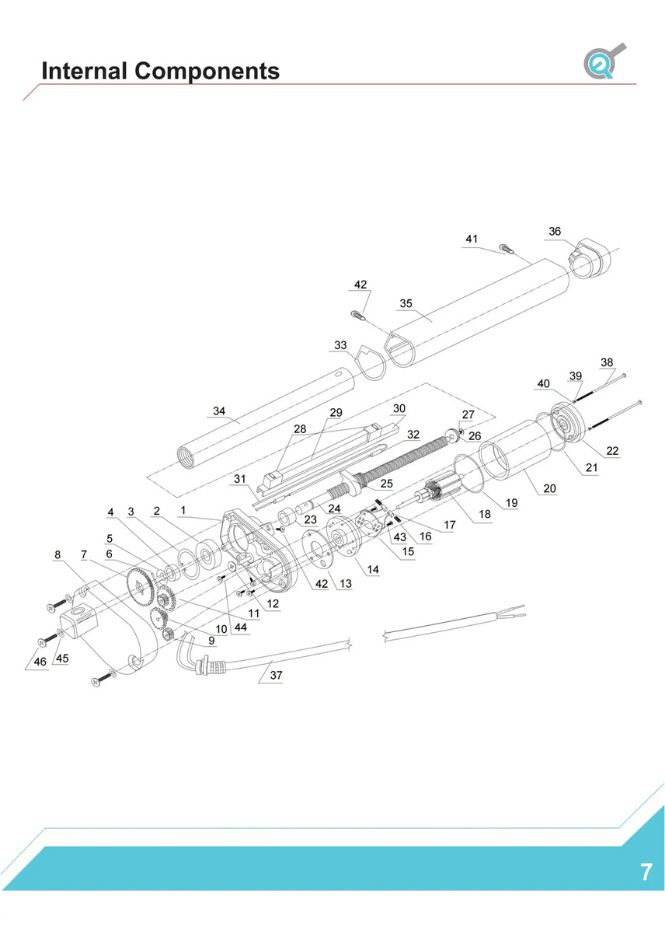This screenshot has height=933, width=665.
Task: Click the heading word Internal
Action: (x=85, y=71)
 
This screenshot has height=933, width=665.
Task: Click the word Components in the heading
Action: (x=207, y=71)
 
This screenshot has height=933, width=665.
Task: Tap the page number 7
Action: (x=646, y=872)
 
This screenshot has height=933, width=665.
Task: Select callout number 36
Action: (x=555, y=232)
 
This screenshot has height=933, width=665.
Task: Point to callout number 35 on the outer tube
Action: (x=406, y=303)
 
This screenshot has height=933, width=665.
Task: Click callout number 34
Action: (x=219, y=411)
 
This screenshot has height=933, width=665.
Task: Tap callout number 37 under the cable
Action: (x=276, y=675)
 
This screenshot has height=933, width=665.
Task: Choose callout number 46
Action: (x=39, y=661)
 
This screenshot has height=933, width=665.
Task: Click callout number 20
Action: (x=550, y=489)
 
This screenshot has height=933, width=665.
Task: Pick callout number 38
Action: (x=607, y=362)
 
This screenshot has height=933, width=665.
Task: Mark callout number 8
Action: (x=57, y=555)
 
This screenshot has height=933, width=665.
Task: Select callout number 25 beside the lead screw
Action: (x=387, y=483)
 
